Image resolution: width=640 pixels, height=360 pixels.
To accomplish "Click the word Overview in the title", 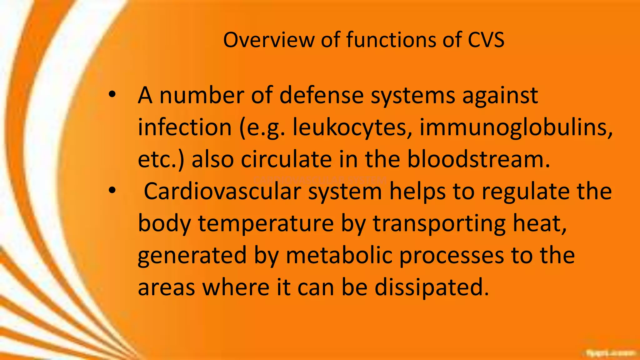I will tap(269, 40).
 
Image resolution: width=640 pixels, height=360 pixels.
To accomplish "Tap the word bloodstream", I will tap(478, 159).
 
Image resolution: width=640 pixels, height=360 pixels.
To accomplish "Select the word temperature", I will tap(266, 223).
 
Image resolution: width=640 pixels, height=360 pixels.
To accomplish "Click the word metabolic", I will tap(339, 255).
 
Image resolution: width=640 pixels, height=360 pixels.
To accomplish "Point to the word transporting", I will tap(439, 223).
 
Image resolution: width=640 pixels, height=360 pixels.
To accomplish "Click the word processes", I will tap(452, 255).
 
